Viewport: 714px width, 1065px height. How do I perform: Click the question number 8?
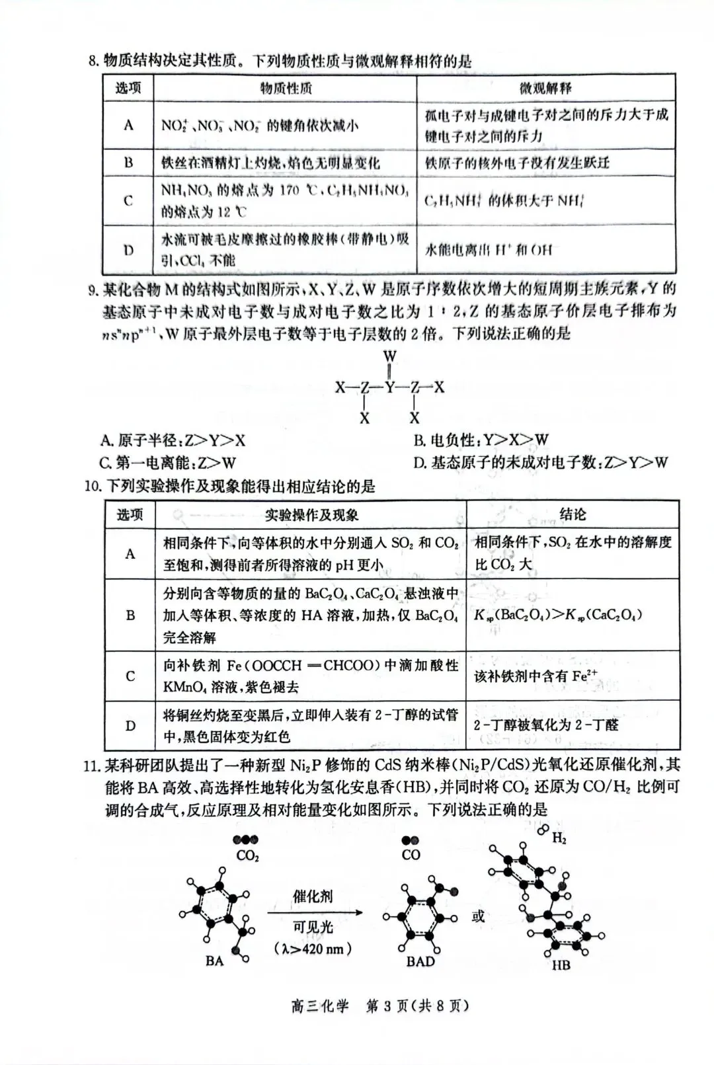coord(93,62)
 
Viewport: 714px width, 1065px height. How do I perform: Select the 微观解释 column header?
coord(545,88)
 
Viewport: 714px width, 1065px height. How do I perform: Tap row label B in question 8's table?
coord(128,163)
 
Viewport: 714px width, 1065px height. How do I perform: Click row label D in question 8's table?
coord(128,250)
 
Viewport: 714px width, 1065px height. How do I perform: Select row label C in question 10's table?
coord(130,676)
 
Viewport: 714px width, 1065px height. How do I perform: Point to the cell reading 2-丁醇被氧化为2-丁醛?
coord(546,725)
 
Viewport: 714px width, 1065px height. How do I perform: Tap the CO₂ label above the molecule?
coord(247,856)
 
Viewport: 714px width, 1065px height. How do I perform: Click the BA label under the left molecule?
coord(214,961)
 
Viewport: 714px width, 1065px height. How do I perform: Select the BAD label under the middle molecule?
coord(420,961)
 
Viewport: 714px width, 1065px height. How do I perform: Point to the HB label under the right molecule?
coord(561,965)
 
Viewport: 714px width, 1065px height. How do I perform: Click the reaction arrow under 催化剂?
coord(315,913)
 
